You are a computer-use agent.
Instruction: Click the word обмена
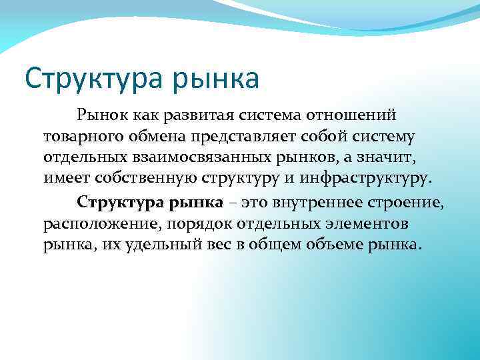point(160,138)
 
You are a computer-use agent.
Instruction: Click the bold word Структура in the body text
point(113,202)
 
